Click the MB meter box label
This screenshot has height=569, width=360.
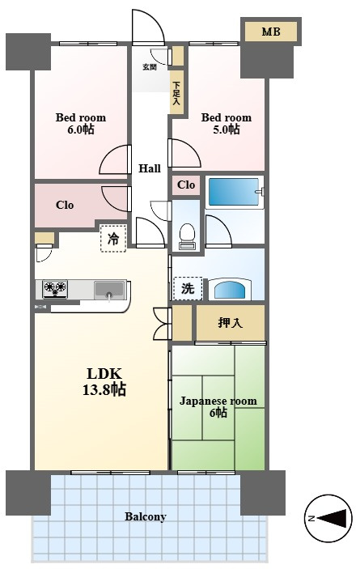coord(271,32)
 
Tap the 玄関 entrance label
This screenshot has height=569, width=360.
coord(150,66)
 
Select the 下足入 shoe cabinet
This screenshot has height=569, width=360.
coord(176,92)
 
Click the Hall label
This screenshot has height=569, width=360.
coord(150,168)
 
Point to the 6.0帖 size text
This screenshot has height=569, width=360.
coord(81,130)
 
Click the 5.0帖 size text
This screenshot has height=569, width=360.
coord(227,130)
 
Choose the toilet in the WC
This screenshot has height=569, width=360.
coord(188,236)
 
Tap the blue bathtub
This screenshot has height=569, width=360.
coord(234,192)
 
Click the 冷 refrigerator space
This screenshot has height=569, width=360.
coord(113,239)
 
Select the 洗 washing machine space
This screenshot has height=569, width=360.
coord(188,289)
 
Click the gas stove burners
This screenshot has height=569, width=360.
coord(56,289)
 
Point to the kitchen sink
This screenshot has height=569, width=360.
coord(108,290)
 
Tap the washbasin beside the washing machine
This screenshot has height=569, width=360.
coord(231,289)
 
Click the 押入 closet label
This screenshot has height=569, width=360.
coord(231,323)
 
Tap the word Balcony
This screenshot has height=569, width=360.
coord(146,516)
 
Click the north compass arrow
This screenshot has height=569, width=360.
coord(333,517)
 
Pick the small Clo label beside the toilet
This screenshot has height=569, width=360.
coord(186,185)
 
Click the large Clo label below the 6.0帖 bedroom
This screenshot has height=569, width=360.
coord(65,205)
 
